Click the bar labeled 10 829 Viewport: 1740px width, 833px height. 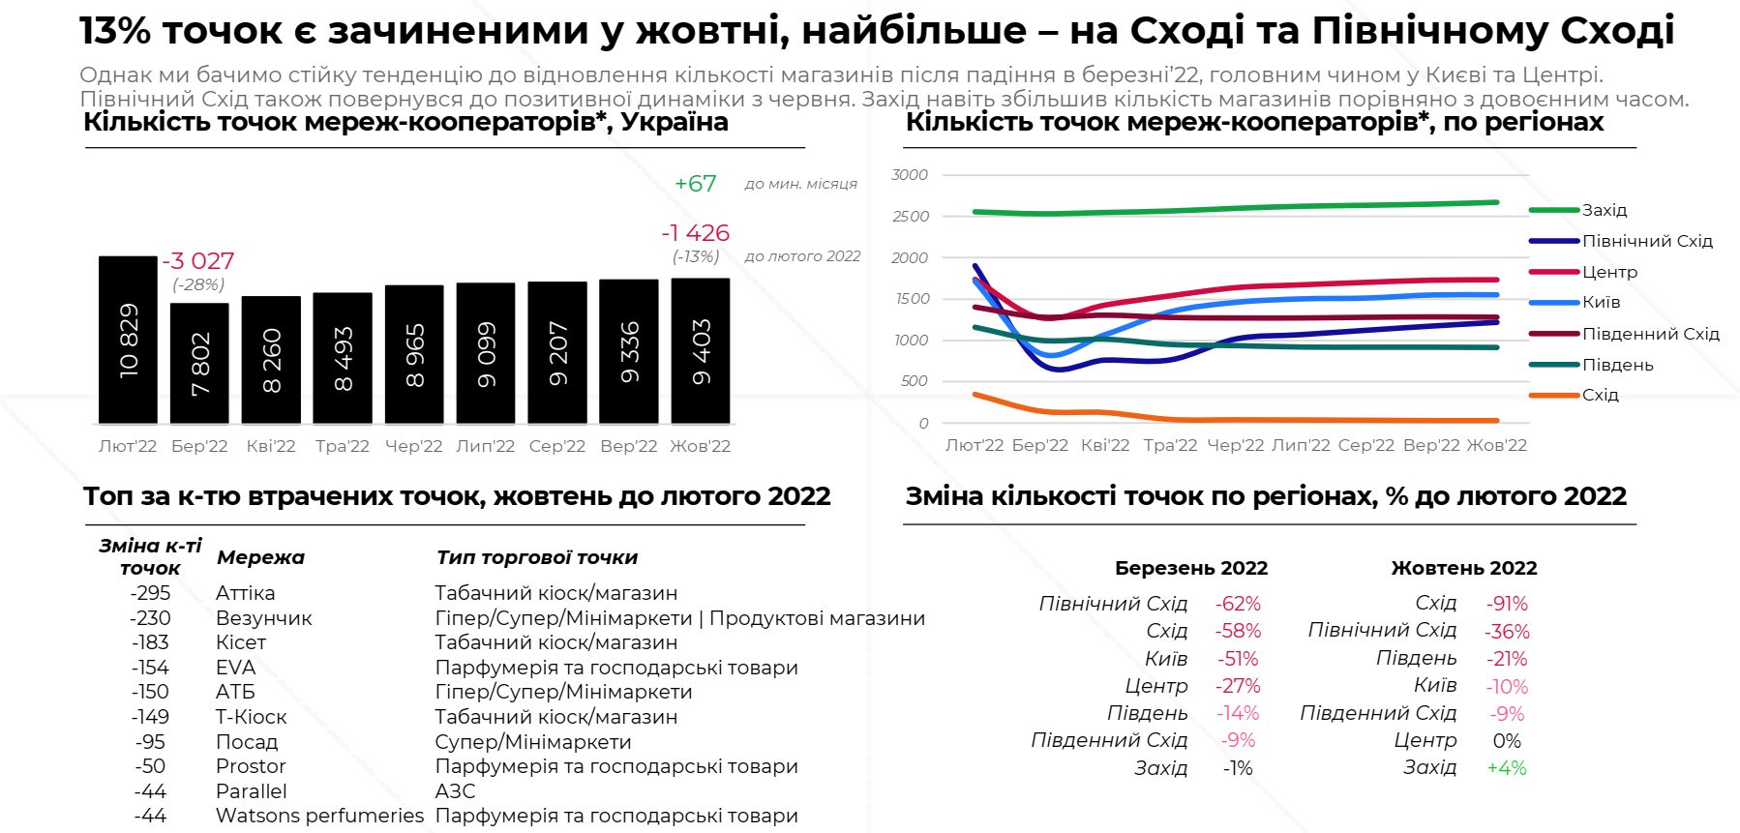pyautogui.click(x=128, y=340)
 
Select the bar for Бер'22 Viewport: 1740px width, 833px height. pyautogui.click(x=199, y=363)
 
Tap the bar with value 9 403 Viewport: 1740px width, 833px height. pyautogui.click(x=701, y=350)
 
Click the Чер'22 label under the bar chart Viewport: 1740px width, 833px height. pyautogui.click(x=413, y=446)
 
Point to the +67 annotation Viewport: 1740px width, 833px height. pyautogui.click(x=695, y=184)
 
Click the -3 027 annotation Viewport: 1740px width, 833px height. pyautogui.click(x=198, y=261)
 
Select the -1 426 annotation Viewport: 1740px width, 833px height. pyautogui.click(x=695, y=233)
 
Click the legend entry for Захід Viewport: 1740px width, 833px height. pyautogui.click(x=1604, y=210)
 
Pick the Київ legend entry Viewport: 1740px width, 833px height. pyautogui.click(x=1601, y=302)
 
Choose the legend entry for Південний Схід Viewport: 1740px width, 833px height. pyautogui.click(x=1650, y=334)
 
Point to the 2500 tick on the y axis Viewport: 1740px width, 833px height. pyautogui.click(x=910, y=217)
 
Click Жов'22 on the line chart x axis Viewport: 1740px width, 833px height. pyautogui.click(x=1496, y=445)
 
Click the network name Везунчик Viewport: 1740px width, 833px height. pyautogui.click(x=263, y=618)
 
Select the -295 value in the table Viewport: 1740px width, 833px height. pyautogui.click(x=150, y=593)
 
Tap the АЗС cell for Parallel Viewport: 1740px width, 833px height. pyautogui.click(x=455, y=791)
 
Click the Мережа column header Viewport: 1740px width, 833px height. pyautogui.click(x=260, y=557)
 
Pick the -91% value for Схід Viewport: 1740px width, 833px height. pyautogui.click(x=1507, y=604)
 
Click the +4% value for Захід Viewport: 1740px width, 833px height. pyautogui.click(x=1506, y=768)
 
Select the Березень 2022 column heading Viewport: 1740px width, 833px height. pyautogui.click(x=1190, y=568)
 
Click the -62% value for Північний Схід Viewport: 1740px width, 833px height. pyautogui.click(x=1238, y=604)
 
